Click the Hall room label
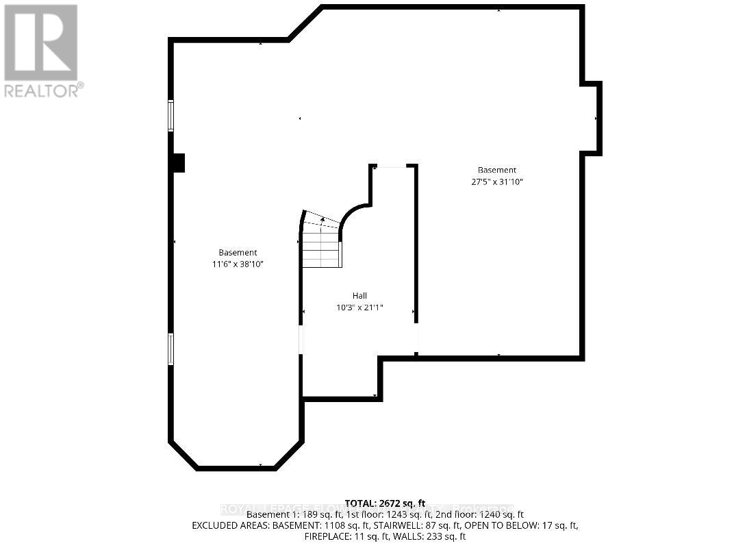(x=359, y=296)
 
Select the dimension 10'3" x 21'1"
(x=359, y=308)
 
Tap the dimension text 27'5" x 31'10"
(x=497, y=182)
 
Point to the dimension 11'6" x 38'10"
(x=238, y=264)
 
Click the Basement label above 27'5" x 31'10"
(x=497, y=170)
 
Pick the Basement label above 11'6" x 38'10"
(x=238, y=252)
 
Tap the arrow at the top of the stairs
(x=322, y=220)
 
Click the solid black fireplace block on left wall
(x=178, y=163)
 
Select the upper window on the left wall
(x=170, y=115)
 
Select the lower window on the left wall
(x=170, y=349)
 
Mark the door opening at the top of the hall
(x=392, y=166)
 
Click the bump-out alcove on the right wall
(x=591, y=118)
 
